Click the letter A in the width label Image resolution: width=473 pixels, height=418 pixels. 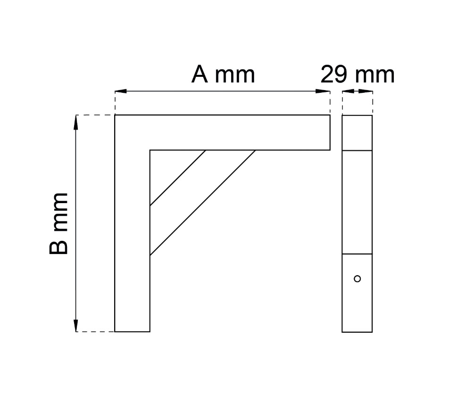pos(199,74)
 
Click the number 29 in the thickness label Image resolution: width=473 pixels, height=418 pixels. pos(333,74)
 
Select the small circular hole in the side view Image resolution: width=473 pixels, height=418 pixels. pos(357,279)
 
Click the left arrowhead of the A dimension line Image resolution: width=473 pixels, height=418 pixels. pos(121,91)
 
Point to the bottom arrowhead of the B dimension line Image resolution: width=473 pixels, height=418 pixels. pos(76,325)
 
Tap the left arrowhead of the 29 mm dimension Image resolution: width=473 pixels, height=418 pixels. pos(348,91)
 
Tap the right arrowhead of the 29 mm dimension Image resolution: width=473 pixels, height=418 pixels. pos(365,91)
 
